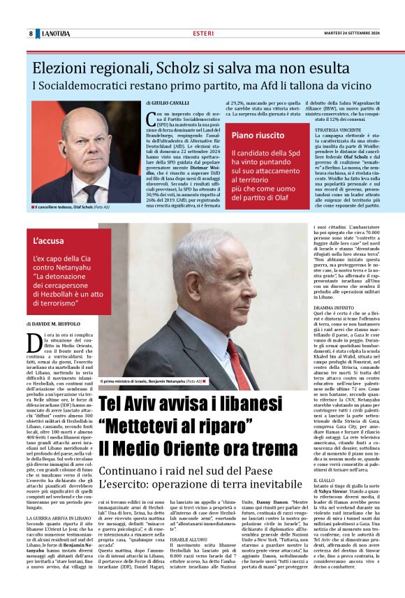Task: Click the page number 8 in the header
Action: point(31,34)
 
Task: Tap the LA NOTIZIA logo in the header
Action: point(56,34)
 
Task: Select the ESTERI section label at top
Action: point(203,33)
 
